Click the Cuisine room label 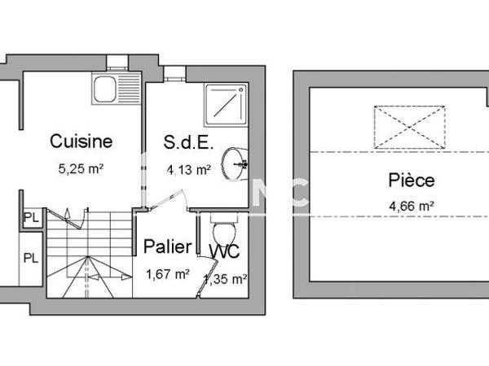pos(81,141)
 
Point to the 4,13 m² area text pos(189,170)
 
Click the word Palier pos(168,246)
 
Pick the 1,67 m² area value pos(166,274)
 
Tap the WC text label pos(223,252)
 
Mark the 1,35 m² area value pos(225,279)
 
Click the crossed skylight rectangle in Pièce pos(408,127)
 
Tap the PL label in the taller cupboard pos(31,258)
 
